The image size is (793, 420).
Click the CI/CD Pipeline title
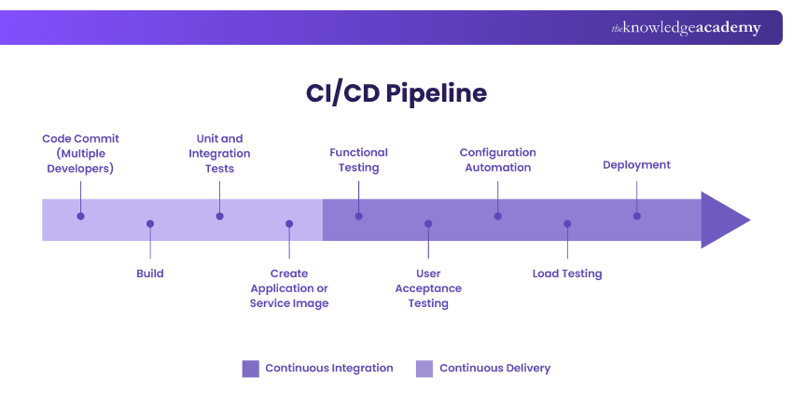pyautogui.click(x=396, y=93)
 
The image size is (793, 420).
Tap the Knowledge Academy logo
pyautogui.click(x=686, y=28)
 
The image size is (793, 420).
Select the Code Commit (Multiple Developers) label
pyautogui.click(x=80, y=153)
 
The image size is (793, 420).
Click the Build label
pyautogui.click(x=149, y=273)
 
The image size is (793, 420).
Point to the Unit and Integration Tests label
pyautogui.click(x=219, y=153)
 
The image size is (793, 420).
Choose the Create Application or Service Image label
pyautogui.click(x=289, y=288)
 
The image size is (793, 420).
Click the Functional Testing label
pyautogui.click(x=358, y=160)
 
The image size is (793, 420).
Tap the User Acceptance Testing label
pyautogui.click(x=428, y=288)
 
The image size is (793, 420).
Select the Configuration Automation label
pyautogui.click(x=497, y=160)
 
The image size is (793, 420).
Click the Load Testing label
pyautogui.click(x=567, y=273)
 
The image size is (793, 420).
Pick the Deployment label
pyautogui.click(x=636, y=165)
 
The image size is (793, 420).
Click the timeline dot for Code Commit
pyautogui.click(x=80, y=216)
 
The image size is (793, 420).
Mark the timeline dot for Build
pyautogui.click(x=149, y=224)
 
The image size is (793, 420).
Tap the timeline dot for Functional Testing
pyautogui.click(x=358, y=216)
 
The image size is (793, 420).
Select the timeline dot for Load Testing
pyautogui.click(x=567, y=224)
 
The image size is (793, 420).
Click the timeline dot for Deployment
pyautogui.click(x=636, y=216)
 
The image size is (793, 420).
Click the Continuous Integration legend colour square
pyautogui.click(x=250, y=368)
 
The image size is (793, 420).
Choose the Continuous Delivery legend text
pyautogui.click(x=494, y=368)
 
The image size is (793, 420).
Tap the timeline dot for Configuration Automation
pyautogui.click(x=497, y=216)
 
